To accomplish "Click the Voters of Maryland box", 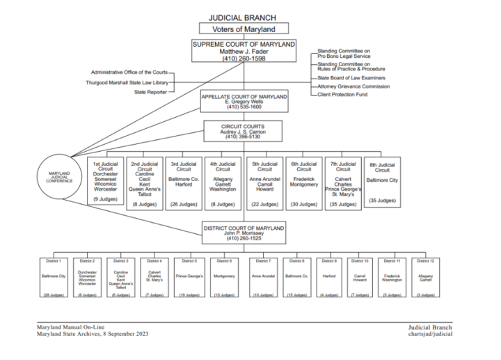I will (244, 29).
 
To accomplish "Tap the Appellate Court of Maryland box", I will (244, 101).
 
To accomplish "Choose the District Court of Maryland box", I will (244, 233).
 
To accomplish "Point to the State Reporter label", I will (150, 92).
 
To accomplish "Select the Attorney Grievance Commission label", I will (353, 86).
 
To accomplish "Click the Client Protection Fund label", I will (342, 95).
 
